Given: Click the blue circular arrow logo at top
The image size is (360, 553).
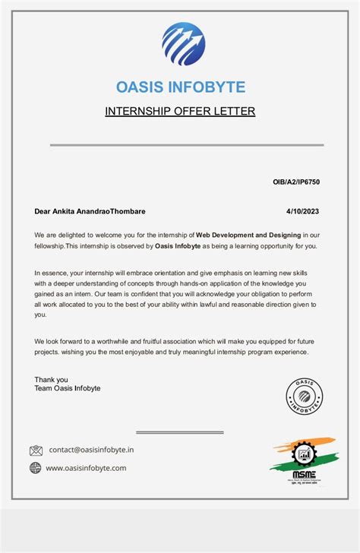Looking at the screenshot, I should click(183, 44).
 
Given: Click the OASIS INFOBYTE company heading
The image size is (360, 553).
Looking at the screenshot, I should click(180, 87).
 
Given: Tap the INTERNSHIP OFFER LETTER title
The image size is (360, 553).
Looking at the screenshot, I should click(180, 112).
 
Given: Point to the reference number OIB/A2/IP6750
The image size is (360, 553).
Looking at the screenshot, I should click(297, 182).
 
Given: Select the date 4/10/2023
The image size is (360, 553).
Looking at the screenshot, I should click(303, 211).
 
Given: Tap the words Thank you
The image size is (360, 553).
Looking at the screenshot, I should click(51, 379).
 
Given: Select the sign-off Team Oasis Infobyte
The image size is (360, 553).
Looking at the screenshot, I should click(67, 388).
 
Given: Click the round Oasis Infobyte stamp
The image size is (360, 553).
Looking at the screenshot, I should click(304, 396).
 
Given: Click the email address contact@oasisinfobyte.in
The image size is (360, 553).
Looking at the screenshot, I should click(91, 450).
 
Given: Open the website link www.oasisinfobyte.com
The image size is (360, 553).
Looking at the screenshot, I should click(86, 468).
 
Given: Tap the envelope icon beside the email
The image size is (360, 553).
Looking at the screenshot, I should click(36, 450).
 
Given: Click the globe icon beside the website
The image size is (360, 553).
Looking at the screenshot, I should click(36, 468).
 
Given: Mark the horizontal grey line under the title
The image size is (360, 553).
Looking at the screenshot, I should click(187, 144).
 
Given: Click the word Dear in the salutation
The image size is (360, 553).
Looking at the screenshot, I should click(43, 211).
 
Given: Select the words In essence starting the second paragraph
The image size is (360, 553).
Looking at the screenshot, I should click(52, 272).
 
